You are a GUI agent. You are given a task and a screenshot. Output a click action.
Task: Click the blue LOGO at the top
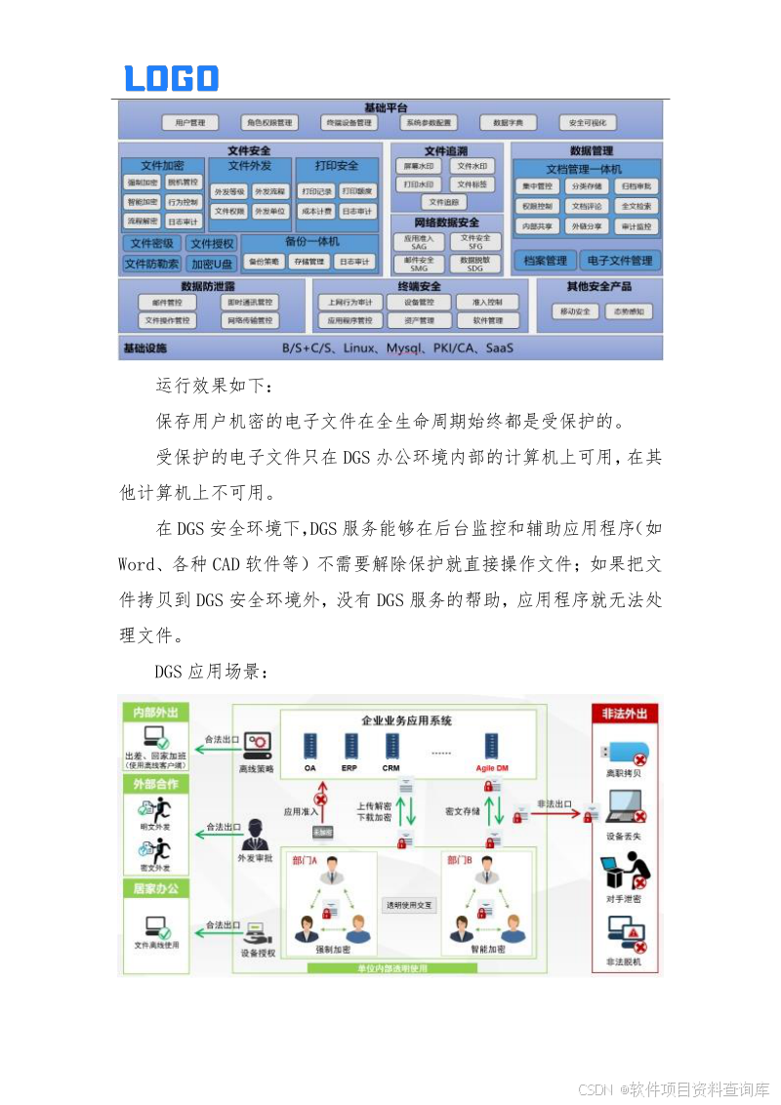point(172,78)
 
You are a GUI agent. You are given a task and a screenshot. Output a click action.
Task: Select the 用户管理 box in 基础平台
point(189,123)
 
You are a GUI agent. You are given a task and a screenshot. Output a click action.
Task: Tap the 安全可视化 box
point(588,123)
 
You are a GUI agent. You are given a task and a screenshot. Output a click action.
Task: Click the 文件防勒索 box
point(152,264)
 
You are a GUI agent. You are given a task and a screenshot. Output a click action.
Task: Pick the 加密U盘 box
point(212,264)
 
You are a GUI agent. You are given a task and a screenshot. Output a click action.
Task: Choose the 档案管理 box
point(545,261)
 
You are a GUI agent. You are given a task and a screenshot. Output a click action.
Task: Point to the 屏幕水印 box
point(418,166)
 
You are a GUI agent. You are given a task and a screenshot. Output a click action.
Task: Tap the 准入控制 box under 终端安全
point(487,303)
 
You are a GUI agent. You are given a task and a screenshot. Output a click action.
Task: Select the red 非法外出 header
point(626,714)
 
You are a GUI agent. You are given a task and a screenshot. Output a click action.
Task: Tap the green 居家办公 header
point(155,888)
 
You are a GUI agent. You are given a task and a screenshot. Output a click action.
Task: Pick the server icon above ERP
point(349,747)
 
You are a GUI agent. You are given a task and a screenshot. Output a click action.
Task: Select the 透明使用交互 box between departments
point(409,905)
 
